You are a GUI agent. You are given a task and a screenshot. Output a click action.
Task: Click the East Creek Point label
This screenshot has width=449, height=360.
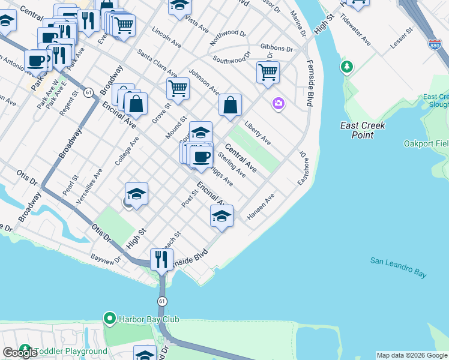(x=363, y=130)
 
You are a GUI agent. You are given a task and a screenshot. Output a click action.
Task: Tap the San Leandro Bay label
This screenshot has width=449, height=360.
(x=398, y=267)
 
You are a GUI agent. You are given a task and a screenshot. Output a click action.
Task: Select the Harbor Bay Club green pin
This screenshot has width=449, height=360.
(x=109, y=319)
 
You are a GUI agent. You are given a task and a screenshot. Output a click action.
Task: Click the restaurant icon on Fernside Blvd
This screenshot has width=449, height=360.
(x=161, y=260)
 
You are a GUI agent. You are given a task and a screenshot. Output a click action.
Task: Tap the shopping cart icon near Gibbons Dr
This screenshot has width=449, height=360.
(x=268, y=73)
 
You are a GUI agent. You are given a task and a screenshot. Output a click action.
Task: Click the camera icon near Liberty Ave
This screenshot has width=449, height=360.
(x=278, y=104)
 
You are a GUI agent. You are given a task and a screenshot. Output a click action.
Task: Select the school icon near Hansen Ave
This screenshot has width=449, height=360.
(x=221, y=216)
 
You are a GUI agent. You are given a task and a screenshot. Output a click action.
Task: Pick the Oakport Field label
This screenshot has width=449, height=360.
(x=426, y=144)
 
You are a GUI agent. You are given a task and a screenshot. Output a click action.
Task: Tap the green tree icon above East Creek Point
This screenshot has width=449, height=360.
(x=347, y=67)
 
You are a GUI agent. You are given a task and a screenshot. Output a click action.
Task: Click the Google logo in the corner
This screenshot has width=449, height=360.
(x=20, y=352)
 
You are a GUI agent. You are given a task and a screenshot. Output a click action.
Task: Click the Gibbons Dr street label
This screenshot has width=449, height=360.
(x=277, y=48)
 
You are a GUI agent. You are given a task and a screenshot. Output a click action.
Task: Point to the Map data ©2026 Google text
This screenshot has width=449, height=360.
(x=412, y=355)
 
